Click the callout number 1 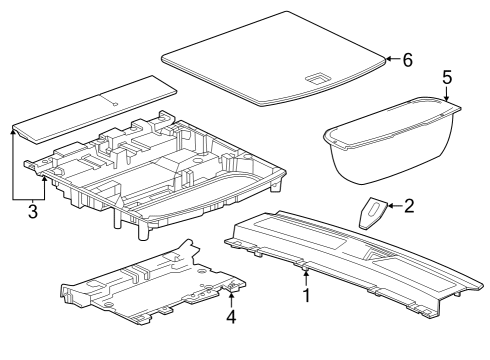[307, 296]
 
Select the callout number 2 [408, 206]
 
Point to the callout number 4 [231, 318]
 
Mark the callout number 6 [407, 59]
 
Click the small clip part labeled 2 [372, 212]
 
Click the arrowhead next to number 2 [390, 207]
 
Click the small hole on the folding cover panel [116, 103]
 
